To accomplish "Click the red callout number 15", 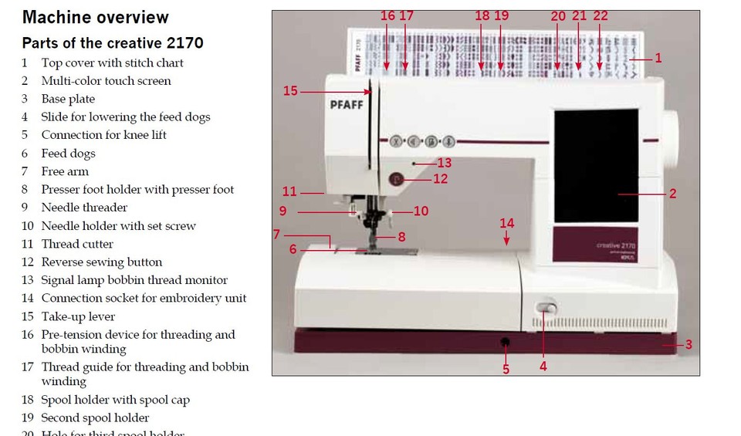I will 290,91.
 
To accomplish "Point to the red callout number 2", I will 672,194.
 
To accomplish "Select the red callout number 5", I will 506,370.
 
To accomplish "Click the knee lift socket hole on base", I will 505,342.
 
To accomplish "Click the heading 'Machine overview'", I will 96,17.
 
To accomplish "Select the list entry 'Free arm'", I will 65,171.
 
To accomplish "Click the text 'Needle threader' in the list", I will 84,208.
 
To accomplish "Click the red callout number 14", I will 506,223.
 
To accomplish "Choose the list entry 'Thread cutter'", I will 77,244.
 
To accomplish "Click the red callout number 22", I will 600,16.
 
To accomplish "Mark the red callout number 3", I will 689,345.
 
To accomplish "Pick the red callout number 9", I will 283,211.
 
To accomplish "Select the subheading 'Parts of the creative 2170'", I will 113,42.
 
